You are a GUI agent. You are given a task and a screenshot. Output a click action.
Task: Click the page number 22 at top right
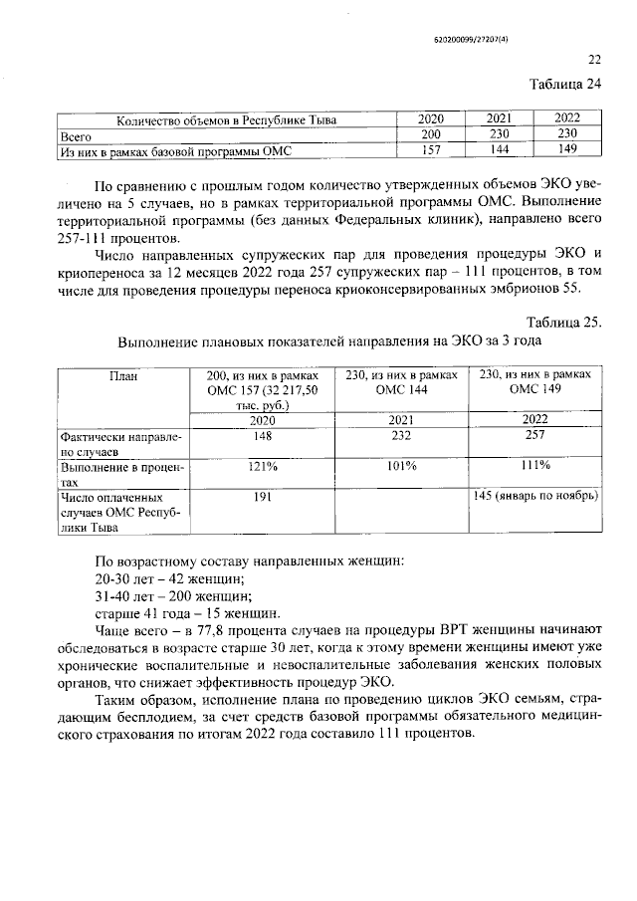595,59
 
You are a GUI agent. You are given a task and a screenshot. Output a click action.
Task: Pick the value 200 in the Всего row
431,134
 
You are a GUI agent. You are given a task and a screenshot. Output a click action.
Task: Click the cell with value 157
431,150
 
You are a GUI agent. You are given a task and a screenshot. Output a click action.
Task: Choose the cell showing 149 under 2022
566,150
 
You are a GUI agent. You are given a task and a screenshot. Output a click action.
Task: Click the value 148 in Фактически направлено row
262,435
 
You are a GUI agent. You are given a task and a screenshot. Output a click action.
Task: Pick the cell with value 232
402,435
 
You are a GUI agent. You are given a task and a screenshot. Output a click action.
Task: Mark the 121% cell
262,465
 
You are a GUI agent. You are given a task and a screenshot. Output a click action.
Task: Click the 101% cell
402,465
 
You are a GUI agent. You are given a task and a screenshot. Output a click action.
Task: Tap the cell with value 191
262,495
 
